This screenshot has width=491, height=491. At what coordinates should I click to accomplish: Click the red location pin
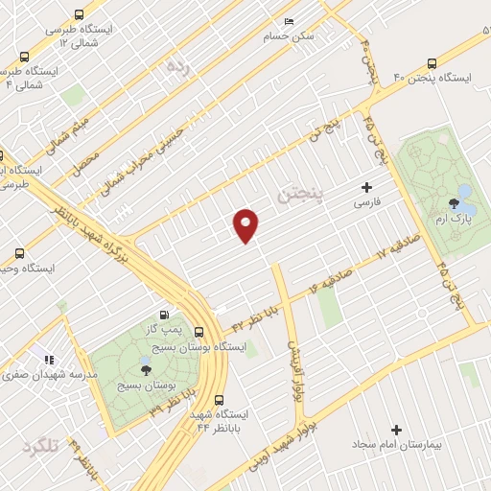pos(246,225)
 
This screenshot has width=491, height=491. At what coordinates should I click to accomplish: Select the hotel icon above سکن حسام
pos(290,22)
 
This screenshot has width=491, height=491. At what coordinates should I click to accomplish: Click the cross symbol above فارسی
pos(366,188)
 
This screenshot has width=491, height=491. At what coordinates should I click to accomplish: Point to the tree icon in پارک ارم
pos(454,202)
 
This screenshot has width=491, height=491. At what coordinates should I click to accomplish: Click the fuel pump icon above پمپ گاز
pos(165,315)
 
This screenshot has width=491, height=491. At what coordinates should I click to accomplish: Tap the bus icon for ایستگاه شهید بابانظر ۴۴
pos(220,400)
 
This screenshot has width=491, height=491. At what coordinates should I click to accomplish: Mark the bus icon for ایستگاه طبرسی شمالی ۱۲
pos(78,15)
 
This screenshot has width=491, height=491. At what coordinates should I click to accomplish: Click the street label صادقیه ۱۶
pos(328,284)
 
